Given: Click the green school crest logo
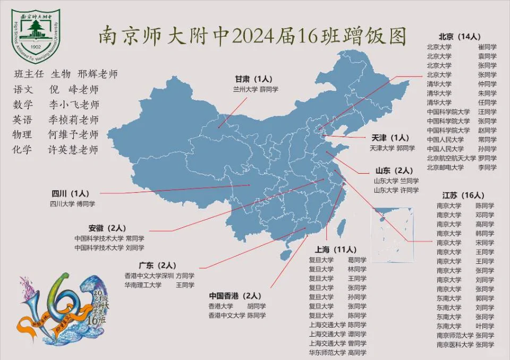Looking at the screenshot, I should (36, 33).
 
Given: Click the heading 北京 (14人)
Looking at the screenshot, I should (460, 37).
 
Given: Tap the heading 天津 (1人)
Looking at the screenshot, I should (390, 138).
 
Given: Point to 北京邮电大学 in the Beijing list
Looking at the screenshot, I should (445, 167).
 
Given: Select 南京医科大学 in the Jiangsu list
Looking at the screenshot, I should (455, 345).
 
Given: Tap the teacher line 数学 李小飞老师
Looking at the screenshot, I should (56, 105).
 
